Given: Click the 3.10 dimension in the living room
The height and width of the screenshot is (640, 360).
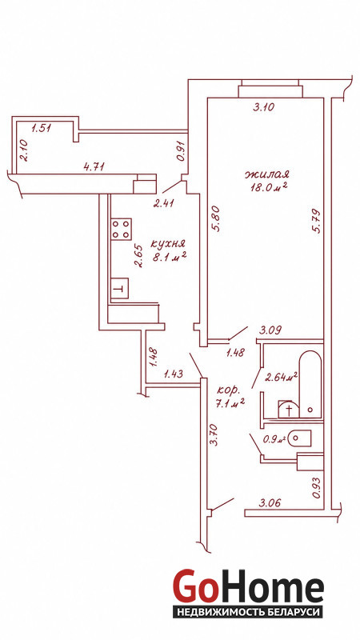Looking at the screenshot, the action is click(264, 107).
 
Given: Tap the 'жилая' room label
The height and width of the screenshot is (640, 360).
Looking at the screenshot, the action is click(266, 174).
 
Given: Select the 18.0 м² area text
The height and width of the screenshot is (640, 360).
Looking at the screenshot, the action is click(270, 187).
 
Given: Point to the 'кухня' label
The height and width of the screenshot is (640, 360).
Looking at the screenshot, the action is click(168, 244).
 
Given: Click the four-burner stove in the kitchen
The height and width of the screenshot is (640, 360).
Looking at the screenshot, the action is click(122, 229).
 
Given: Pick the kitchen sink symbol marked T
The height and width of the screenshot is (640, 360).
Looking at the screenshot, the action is click(119, 288).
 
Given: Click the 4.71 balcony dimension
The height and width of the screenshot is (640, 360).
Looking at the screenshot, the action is click(94, 166).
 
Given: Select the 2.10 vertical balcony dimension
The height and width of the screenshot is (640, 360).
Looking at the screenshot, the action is click(23, 150).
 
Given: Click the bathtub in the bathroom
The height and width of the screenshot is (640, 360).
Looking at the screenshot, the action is click(310, 384).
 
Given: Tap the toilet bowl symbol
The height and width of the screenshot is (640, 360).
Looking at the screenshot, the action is click(299, 438).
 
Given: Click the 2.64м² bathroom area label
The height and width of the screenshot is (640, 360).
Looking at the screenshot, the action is click(281, 377).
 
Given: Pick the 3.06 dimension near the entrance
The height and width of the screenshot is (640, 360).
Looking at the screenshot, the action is click(270, 503).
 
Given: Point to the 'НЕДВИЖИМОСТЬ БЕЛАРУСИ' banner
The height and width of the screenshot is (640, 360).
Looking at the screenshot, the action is click(248, 612).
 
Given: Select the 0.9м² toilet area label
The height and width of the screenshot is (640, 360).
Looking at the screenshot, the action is click(275, 439).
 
